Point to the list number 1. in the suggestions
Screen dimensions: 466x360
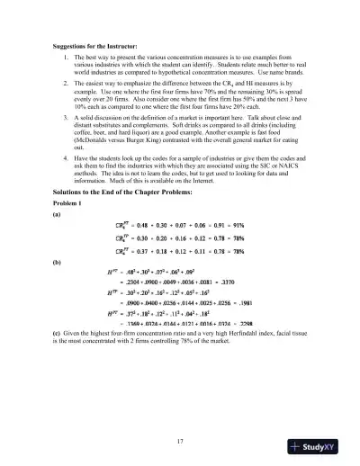tap(67, 56)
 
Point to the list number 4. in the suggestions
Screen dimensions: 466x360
tap(67, 157)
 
